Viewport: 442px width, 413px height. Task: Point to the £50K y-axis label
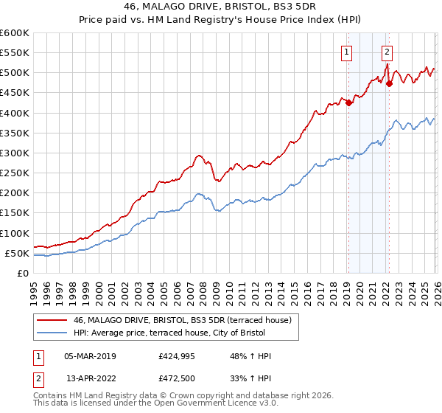(x=17, y=254)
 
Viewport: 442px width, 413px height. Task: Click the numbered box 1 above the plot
(x=346, y=52)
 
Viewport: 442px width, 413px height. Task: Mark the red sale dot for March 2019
(x=348, y=103)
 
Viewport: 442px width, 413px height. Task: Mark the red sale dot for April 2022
(x=389, y=84)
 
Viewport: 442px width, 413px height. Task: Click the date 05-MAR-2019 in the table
(x=90, y=356)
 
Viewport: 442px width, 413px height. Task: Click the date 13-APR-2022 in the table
(x=91, y=378)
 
